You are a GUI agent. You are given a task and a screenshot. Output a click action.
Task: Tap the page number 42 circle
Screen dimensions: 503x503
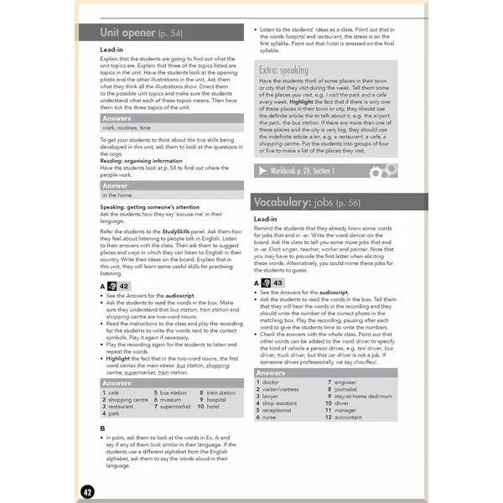[88, 490]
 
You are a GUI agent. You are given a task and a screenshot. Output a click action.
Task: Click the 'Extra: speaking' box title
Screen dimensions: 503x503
[284, 70]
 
